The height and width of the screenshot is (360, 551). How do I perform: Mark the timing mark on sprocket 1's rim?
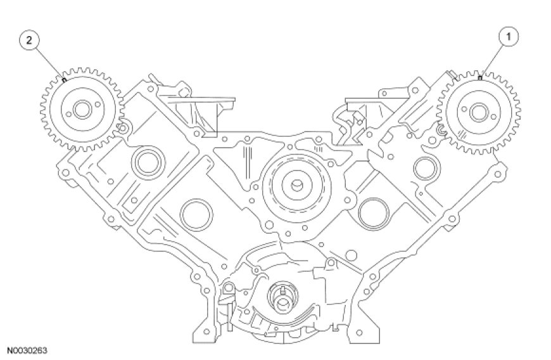tap(481, 78)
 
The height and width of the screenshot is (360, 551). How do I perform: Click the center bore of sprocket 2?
tap(80, 110)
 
